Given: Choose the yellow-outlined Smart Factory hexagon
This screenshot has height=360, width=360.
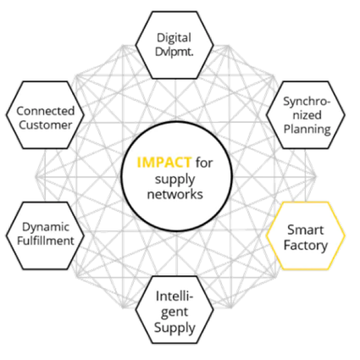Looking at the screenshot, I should (306, 237).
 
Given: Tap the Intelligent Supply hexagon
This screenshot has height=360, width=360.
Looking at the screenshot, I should (174, 312).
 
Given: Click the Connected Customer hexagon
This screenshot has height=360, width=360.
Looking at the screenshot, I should (45, 118).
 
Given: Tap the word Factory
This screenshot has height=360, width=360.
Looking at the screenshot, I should (306, 245).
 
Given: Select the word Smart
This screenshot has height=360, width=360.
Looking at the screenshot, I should (305, 229).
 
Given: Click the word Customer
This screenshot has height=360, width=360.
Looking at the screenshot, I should (45, 125).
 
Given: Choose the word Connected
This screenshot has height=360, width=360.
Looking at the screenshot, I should (45, 110).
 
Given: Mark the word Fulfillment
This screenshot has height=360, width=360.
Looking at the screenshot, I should (45, 241).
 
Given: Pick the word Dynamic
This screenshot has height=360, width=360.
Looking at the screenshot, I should (46, 227).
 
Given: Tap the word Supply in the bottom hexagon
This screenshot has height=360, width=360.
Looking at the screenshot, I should (175, 328).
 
